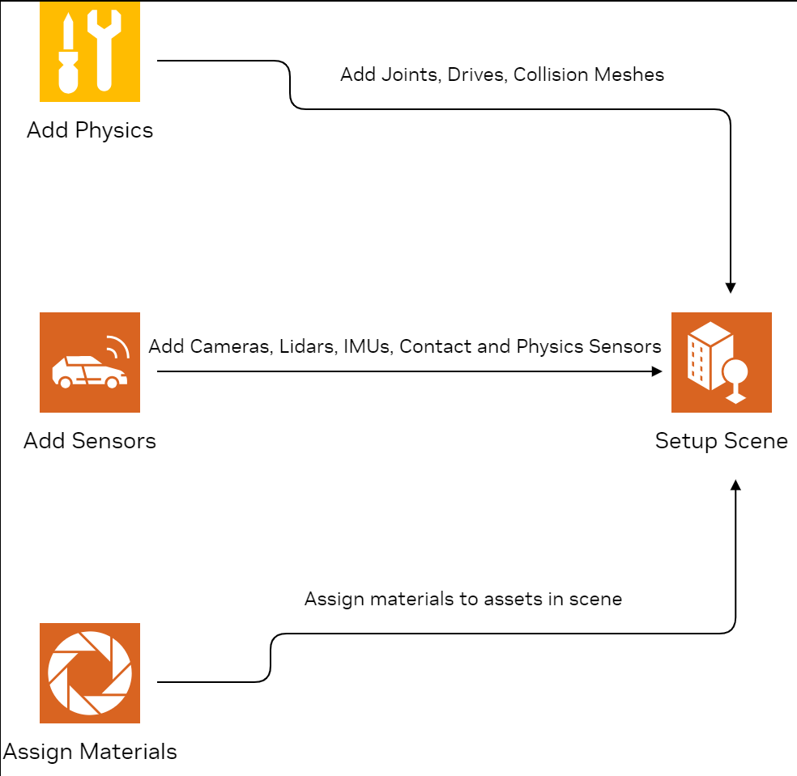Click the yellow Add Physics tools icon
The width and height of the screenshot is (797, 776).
tap(89, 52)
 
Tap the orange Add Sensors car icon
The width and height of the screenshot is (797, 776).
tap(89, 362)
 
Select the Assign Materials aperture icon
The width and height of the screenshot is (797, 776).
tap(89, 672)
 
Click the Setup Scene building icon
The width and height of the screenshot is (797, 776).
tap(721, 362)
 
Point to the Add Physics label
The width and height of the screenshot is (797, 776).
tap(89, 130)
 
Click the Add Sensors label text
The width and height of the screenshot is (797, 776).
tap(89, 441)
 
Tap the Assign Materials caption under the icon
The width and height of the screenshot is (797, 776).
tap(89, 752)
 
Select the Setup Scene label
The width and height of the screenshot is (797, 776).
tap(721, 441)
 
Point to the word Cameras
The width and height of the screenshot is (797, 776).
tap(230, 347)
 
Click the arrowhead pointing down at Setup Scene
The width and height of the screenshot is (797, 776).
tap(731, 287)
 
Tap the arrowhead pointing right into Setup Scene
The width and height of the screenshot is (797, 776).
tap(657, 371)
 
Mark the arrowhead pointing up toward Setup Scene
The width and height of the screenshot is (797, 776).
tap(735, 485)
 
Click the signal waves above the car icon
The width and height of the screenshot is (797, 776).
tap(119, 347)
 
